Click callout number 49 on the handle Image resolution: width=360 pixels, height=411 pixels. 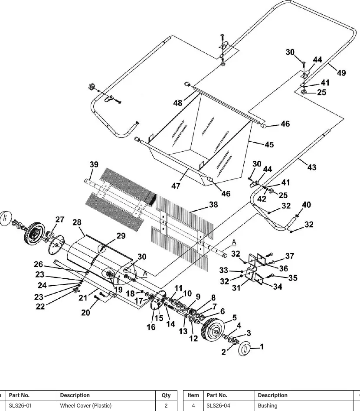(341, 72)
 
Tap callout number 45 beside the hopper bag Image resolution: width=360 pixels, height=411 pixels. (269, 144)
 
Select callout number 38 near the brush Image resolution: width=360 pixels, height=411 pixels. (213, 205)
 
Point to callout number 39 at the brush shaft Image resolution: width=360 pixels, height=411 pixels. (94, 164)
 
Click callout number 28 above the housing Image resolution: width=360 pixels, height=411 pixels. (77, 222)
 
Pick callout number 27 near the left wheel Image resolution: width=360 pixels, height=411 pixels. (59, 219)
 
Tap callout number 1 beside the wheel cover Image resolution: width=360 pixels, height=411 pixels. (262, 347)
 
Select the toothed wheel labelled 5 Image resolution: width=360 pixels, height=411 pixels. (213, 329)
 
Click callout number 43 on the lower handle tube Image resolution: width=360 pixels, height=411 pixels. (311, 167)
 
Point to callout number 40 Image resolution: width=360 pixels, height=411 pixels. (306, 205)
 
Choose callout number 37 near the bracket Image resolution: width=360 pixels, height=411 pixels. (289, 256)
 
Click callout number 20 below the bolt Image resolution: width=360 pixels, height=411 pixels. (85, 313)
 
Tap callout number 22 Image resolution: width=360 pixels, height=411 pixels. (40, 307)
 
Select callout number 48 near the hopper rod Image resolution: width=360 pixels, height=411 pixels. (177, 103)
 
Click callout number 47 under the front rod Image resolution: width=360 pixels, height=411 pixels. (176, 186)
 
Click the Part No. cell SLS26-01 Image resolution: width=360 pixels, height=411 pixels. (20, 405)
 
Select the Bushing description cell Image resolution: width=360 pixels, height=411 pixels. (268, 405)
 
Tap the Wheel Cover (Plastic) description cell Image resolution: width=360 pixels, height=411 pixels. (86, 405)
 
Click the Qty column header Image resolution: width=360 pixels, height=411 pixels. (166, 395)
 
